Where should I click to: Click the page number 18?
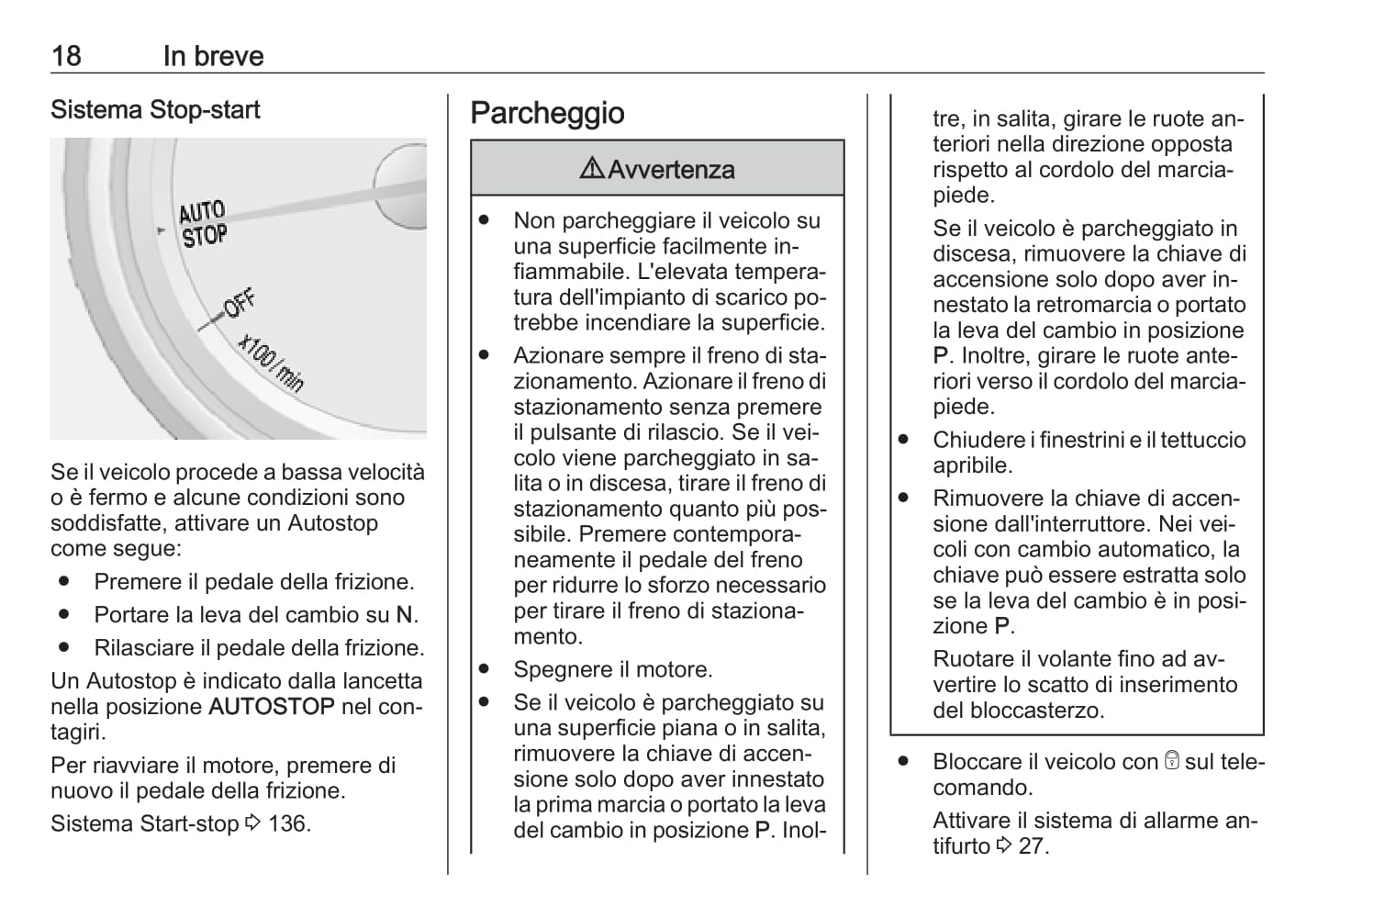click(66, 56)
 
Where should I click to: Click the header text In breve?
click(213, 56)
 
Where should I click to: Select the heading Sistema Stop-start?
click(155, 110)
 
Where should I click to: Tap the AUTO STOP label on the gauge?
click(203, 225)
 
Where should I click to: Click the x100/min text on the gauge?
click(271, 364)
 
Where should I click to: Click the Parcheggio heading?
click(547, 113)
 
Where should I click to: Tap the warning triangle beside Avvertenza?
click(592, 169)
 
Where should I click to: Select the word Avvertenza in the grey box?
click(671, 170)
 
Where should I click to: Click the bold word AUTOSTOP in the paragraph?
click(272, 707)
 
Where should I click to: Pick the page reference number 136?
click(288, 823)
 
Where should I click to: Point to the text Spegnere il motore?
click(613, 670)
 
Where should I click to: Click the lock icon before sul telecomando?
click(1171, 761)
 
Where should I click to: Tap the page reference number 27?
click(1032, 845)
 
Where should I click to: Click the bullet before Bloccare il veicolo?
click(903, 761)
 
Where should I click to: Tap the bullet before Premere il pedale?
click(64, 582)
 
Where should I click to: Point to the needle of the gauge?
click(312, 206)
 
